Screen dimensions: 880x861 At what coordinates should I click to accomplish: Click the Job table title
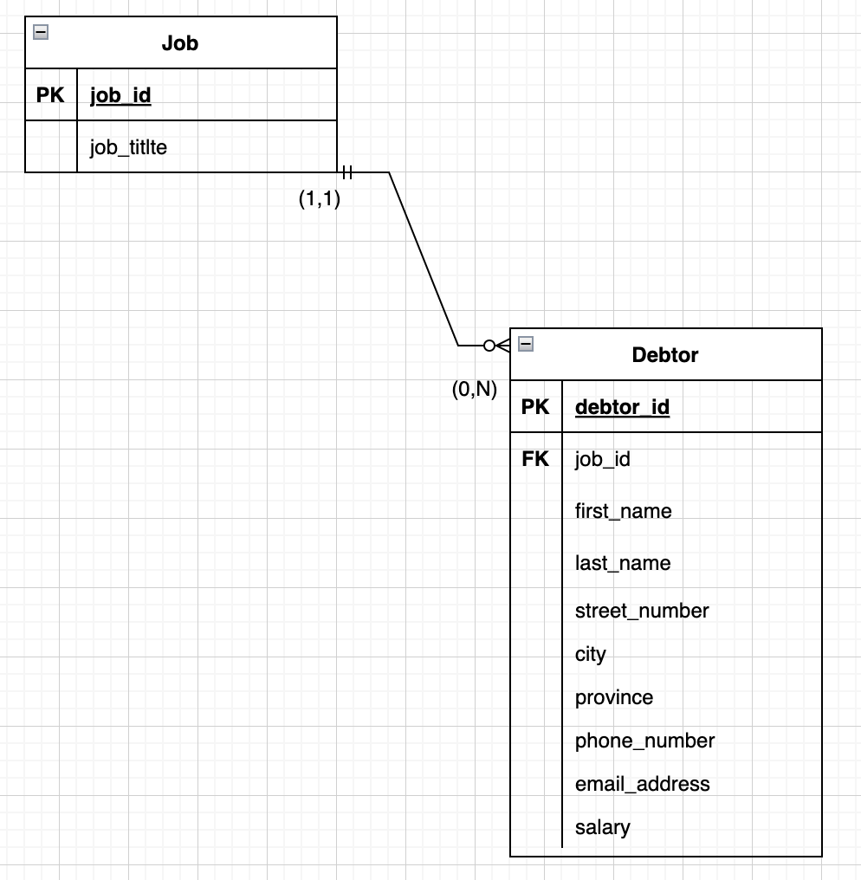pyautogui.click(x=180, y=42)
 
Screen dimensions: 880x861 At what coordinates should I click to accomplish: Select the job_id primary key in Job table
pyautogui.click(x=120, y=95)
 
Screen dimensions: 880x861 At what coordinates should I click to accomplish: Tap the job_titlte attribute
pyautogui.click(x=128, y=147)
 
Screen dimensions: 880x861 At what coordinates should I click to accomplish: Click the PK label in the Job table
pyautogui.click(x=50, y=95)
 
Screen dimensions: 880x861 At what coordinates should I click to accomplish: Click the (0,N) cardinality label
pyautogui.click(x=474, y=390)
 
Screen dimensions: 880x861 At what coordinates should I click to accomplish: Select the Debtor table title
pyautogui.click(x=665, y=354)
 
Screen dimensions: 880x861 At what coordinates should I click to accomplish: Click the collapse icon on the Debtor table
pyautogui.click(x=525, y=344)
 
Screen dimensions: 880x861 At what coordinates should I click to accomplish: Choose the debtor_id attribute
pyautogui.click(x=622, y=407)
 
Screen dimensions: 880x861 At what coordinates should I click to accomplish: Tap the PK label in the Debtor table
pyautogui.click(x=535, y=407)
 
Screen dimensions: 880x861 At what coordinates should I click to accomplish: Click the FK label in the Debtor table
pyautogui.click(x=535, y=459)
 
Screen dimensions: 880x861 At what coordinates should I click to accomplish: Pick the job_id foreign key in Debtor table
pyautogui.click(x=602, y=459)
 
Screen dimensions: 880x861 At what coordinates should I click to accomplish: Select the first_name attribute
pyautogui.click(x=623, y=511)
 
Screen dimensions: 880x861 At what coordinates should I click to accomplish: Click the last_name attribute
pyautogui.click(x=622, y=563)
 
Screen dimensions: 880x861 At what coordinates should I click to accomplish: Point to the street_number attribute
pyautogui.click(x=642, y=611)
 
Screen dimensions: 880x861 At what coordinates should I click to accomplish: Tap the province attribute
pyautogui.click(x=613, y=697)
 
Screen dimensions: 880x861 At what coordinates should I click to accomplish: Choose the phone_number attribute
pyautogui.click(x=644, y=741)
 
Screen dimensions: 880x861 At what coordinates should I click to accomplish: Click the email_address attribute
pyautogui.click(x=642, y=784)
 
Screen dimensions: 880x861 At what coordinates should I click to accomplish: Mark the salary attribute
pyautogui.click(x=602, y=827)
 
